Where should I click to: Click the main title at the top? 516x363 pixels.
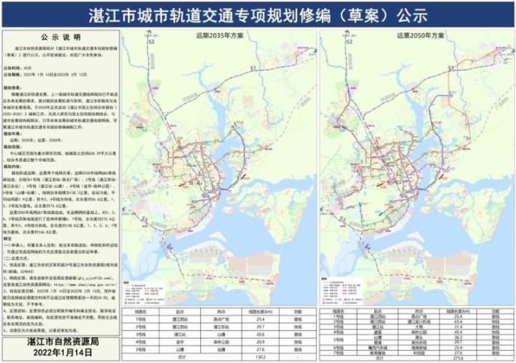[258, 14]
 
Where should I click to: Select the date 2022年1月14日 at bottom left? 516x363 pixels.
[59, 353]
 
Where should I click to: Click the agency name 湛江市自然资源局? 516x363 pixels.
[59, 340]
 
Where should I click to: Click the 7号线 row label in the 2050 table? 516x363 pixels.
[332, 351]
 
